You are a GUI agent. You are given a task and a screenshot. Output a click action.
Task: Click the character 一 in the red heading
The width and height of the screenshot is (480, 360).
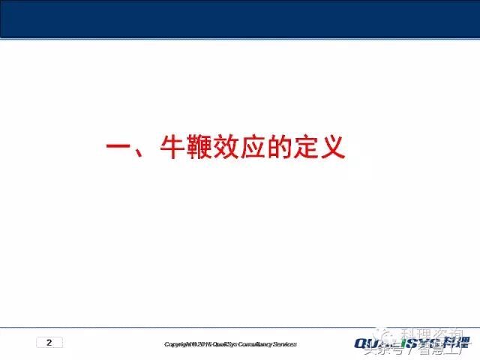(x=118, y=147)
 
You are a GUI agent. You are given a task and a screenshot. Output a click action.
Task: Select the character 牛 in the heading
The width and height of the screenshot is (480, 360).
(x=173, y=147)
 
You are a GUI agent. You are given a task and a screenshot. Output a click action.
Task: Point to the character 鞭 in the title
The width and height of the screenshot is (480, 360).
(x=202, y=147)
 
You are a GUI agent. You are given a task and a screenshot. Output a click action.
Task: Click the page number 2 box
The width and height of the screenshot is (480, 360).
(x=49, y=343)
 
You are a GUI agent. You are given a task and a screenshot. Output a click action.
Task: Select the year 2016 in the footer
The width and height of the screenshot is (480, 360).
(x=203, y=345)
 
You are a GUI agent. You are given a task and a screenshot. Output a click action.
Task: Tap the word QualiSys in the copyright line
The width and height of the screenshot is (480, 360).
(x=224, y=345)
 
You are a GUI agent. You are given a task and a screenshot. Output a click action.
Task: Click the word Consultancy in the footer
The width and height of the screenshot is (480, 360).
(x=257, y=345)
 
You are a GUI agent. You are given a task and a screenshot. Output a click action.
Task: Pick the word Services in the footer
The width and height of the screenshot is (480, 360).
(x=286, y=345)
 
